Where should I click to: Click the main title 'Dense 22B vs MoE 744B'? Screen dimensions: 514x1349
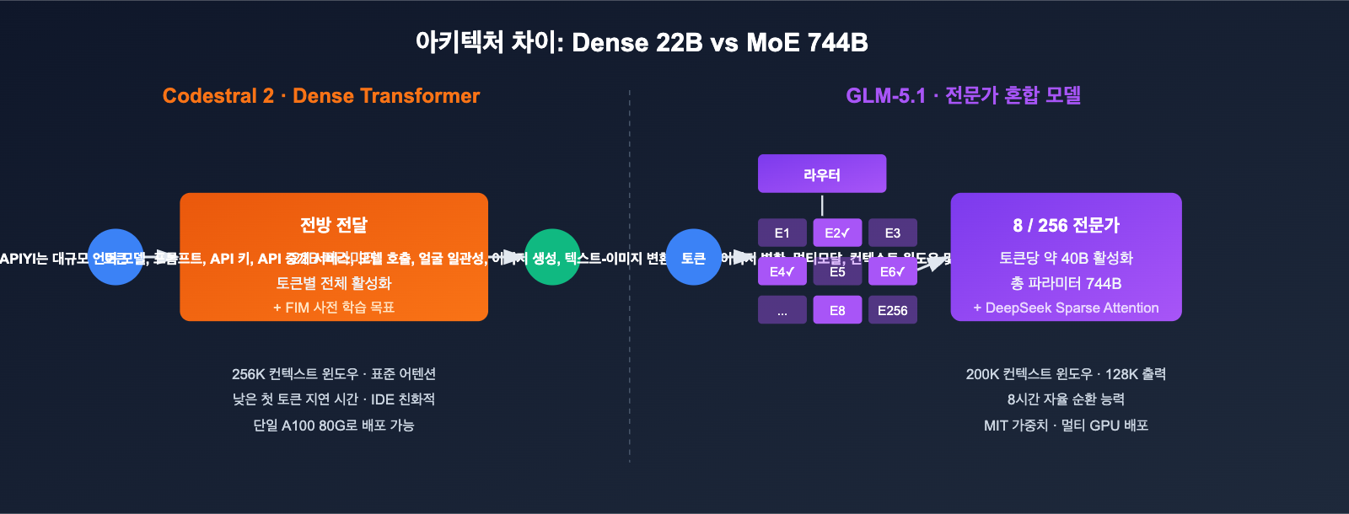point(642,42)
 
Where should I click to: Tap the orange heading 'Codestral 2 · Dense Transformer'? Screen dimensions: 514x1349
point(321,96)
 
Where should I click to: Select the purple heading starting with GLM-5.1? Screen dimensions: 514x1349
point(963,96)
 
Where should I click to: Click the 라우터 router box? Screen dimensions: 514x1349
point(822,174)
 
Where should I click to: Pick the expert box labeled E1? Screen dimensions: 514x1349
point(782,233)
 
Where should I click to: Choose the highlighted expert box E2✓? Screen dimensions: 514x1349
point(837,233)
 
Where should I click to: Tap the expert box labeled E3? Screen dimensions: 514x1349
point(893,233)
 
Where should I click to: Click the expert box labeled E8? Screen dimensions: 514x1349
point(837,310)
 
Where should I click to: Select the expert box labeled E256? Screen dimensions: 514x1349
point(893,310)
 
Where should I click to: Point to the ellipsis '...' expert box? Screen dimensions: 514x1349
point(782,310)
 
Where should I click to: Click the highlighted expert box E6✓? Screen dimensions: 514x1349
point(893,271)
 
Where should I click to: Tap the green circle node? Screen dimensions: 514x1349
point(552,257)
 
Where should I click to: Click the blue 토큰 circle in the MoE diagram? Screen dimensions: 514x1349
point(693,257)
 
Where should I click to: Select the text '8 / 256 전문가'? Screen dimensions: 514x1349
point(1066,226)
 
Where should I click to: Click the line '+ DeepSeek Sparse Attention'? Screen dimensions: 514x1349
point(1066,308)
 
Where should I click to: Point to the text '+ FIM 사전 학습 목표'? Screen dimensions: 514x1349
point(334,308)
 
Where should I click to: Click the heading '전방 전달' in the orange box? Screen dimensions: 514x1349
point(334,225)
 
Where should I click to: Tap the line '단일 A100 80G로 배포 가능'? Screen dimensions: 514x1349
point(334,426)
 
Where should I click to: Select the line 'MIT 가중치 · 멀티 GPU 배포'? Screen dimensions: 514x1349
point(1066,426)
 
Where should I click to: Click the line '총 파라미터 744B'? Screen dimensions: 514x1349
point(1066,283)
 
